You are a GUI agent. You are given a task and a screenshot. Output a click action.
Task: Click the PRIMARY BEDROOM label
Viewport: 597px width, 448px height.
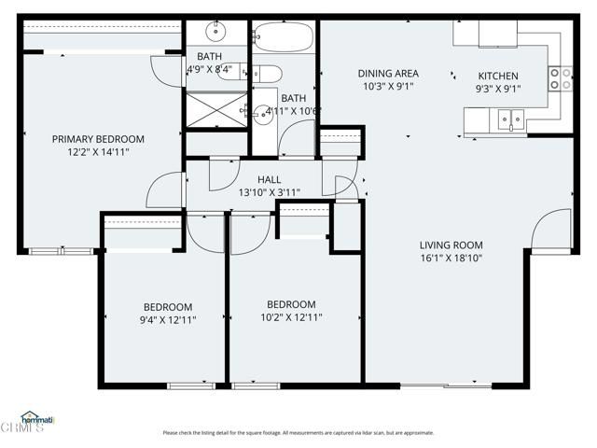pos(98,139)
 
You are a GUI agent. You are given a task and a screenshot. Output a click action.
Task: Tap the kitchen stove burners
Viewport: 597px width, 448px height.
pos(561,78)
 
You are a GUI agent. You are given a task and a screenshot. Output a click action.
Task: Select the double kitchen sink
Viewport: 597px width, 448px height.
pos(509,119)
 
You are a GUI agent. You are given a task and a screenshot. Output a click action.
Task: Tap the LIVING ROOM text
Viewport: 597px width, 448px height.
pos(451,245)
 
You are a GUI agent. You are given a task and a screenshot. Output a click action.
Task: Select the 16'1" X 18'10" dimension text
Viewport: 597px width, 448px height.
pos(451,258)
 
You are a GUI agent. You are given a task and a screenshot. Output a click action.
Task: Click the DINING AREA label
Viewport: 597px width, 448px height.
pos(388,74)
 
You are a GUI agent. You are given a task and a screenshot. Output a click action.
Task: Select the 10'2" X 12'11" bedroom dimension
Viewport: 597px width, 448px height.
pos(291,317)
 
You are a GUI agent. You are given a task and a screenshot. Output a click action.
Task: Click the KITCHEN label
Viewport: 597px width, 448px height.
pos(499,77)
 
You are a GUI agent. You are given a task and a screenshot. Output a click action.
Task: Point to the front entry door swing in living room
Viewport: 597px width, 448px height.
pos(552,231)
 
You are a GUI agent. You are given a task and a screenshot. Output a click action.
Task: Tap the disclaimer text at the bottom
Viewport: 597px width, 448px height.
pos(298,432)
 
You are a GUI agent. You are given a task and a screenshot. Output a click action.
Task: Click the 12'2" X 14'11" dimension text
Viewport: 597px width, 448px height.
pos(98,152)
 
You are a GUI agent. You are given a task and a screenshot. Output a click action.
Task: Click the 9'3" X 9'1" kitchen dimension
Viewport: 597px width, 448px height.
pos(499,90)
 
